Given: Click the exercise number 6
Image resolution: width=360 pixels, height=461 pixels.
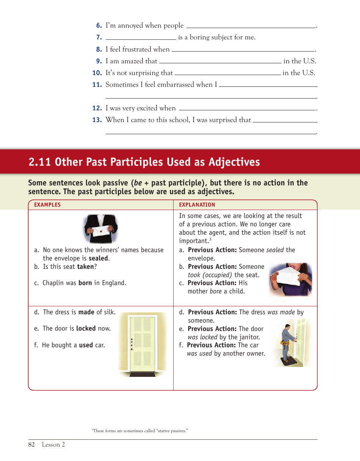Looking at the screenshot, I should [99, 26].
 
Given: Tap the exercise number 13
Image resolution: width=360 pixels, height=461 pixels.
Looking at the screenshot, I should [97, 120].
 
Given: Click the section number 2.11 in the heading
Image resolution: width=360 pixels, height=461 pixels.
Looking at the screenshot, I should [40, 162].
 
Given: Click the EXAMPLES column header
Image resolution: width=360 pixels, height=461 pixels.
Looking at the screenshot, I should [47, 205].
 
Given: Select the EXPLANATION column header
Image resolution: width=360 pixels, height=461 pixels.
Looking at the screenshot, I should [197, 205].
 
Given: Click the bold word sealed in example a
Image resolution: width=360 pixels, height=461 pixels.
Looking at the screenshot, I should [99, 259].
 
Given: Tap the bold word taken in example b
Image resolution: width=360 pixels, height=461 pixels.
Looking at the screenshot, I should [85, 267].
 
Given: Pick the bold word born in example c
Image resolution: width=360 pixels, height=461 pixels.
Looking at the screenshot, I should [85, 283].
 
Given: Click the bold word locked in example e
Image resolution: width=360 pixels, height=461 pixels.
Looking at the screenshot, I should [86, 328].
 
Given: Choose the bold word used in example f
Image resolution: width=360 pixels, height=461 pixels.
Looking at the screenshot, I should [86, 345].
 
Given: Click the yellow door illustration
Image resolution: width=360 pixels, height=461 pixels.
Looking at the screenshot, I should [142, 343].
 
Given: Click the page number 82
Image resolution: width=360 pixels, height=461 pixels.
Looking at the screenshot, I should [31, 445].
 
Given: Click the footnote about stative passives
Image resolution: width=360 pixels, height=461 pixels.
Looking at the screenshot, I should [140, 431].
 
